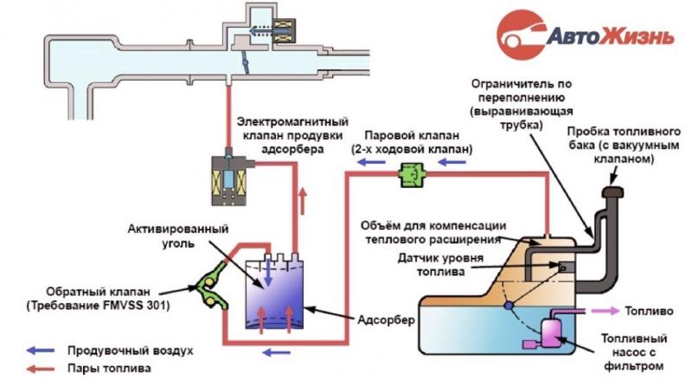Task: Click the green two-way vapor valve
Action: pyautogui.click(x=413, y=175)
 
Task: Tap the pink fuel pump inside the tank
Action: pyautogui.click(x=549, y=333)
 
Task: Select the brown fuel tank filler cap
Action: pyautogui.click(x=612, y=192)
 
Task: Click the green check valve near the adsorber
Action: pyautogui.click(x=211, y=287)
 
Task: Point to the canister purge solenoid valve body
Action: pyautogui.click(x=228, y=180)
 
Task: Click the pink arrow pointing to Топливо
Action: pyautogui.click(x=605, y=311)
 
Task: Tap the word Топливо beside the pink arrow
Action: pyautogui.click(x=649, y=311)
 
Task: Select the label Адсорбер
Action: pyautogui.click(x=386, y=320)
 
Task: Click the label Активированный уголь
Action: pyautogui.click(x=178, y=236)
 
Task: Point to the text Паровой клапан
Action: pyautogui.click(x=412, y=135)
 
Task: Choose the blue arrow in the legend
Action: pyautogui.click(x=41, y=351)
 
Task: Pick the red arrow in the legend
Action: pyautogui.click(x=41, y=368)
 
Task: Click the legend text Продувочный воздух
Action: pyautogui.click(x=131, y=351)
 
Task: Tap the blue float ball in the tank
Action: pyautogui.click(x=509, y=305)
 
